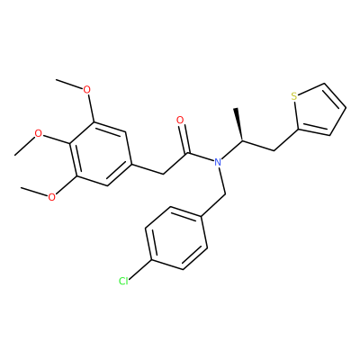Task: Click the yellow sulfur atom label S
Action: click(294, 96)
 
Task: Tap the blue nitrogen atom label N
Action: click(218, 162)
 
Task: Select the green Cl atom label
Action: click(123, 281)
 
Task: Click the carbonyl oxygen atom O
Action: click(180, 121)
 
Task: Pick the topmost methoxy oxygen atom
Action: click(86, 89)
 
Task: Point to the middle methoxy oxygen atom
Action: click(38, 133)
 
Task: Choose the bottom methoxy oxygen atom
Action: click(51, 197)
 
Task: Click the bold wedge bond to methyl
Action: click(238, 124)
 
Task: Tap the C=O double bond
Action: click(184, 139)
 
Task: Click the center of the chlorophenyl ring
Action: click(176, 238)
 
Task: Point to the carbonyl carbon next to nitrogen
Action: click(188, 153)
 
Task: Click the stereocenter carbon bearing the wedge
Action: click(242, 140)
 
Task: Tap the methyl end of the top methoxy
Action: click(57, 80)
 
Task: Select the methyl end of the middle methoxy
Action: click(14, 155)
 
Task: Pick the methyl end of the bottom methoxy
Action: click(21, 188)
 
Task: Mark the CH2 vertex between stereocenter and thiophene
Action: click(274, 150)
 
